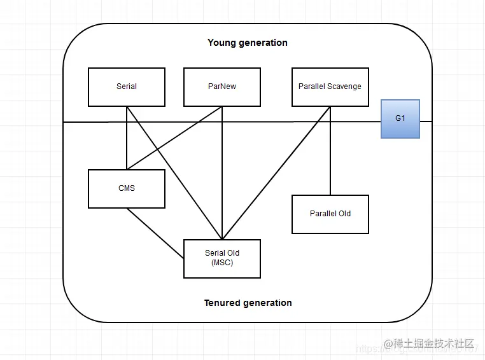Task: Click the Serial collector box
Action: coord(127,87)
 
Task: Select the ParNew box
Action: coord(222,87)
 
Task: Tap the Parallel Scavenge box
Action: coord(330,87)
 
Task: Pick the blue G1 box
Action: coord(400,118)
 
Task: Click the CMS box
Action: coord(127,188)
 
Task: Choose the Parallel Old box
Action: coord(330,214)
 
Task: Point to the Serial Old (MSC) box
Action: coord(222,258)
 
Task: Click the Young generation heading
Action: coord(248,43)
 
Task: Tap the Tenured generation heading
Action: coord(248,303)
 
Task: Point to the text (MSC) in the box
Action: coord(222,263)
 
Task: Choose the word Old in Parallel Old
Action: coord(344,214)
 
